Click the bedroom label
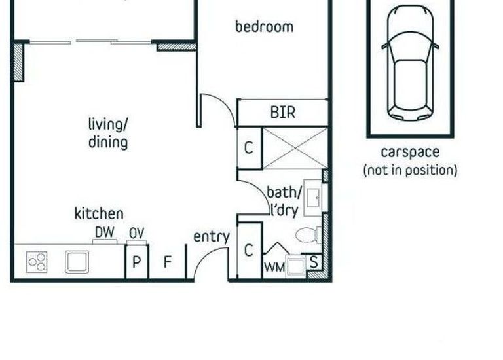point(264,27)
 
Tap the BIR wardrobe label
point(282,113)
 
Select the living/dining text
point(107,133)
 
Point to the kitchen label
point(98,213)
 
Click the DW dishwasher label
point(105,232)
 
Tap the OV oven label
point(136,232)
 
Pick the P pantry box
point(136,262)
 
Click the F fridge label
point(167,262)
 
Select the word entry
point(211,237)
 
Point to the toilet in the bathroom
point(308,235)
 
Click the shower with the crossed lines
point(294,148)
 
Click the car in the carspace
point(410,64)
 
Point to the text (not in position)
point(410,171)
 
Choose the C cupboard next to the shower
point(248,148)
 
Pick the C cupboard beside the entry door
point(249,251)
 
